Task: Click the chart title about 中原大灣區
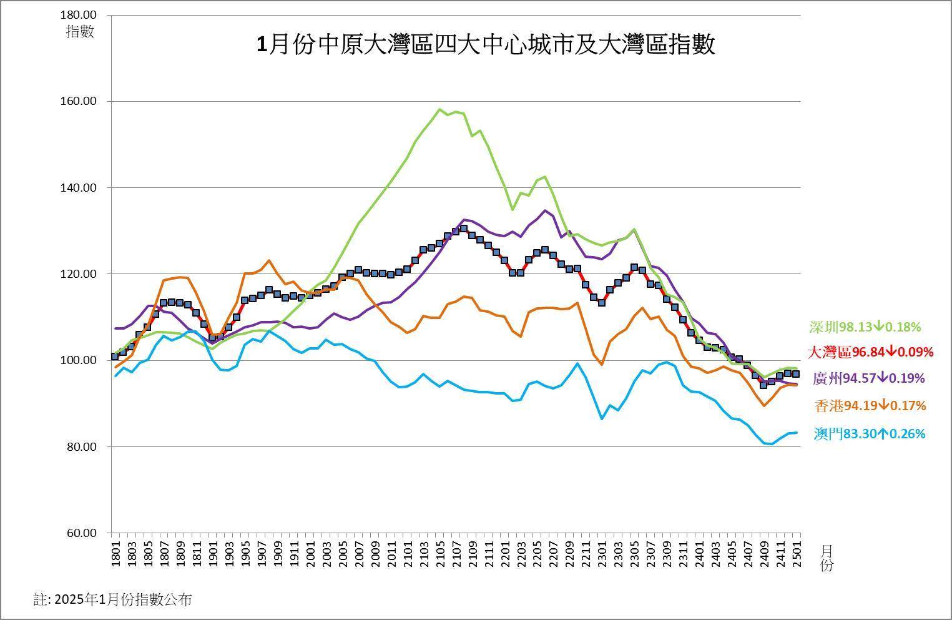pos(486,45)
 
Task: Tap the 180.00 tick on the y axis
pos(80,14)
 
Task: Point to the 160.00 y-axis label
pos(80,101)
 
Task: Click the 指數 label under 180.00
pos(80,31)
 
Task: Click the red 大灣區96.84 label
pos(870,352)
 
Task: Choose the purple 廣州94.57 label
pos(868,378)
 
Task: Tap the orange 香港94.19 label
pos(870,406)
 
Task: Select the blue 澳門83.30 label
pos(870,433)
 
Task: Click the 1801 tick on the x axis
pos(116,553)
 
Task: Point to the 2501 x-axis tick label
pos(797,553)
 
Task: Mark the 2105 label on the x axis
pos(441,553)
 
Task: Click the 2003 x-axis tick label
pos(327,553)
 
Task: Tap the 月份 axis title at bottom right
pos(826,558)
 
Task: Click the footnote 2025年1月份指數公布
pos(112,600)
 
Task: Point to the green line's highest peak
pos(439,109)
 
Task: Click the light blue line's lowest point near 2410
pos(772,444)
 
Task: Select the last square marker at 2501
pos(796,374)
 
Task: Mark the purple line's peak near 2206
pos(544,210)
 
